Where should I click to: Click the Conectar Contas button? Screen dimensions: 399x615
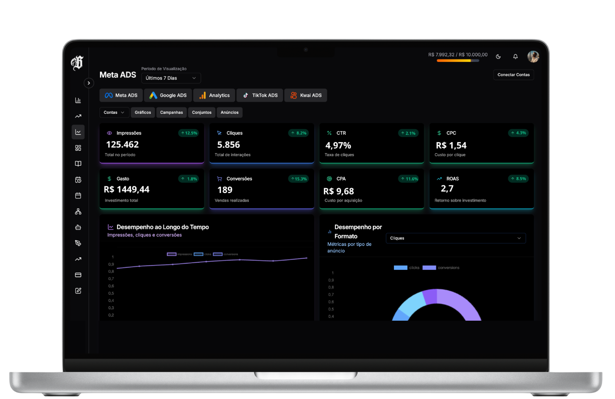click(513, 75)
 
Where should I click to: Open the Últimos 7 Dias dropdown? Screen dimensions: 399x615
click(171, 78)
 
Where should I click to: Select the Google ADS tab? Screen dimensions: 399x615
click(168, 95)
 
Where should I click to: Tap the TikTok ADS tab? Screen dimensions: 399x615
click(259, 95)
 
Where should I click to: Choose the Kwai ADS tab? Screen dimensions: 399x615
click(306, 95)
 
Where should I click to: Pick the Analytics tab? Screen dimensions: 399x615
click(214, 95)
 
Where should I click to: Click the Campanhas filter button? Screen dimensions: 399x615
click(172, 112)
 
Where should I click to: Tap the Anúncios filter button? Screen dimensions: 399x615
click(230, 112)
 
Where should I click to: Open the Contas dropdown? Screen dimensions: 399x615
click(114, 112)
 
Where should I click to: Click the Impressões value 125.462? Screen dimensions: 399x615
click(122, 145)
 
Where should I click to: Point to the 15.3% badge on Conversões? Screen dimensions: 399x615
click(298, 179)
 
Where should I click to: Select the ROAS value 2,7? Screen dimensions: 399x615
click(447, 189)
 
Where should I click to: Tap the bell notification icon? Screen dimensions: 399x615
click(516, 57)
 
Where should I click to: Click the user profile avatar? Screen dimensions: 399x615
click(533, 57)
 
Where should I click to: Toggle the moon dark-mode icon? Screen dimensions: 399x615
click(498, 57)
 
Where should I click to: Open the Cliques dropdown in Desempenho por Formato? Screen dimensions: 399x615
click(455, 238)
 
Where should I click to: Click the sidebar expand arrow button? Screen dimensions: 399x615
click(89, 83)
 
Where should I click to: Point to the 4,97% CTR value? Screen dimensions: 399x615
click(338, 145)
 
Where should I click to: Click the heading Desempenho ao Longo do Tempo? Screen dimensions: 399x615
click(162, 227)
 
